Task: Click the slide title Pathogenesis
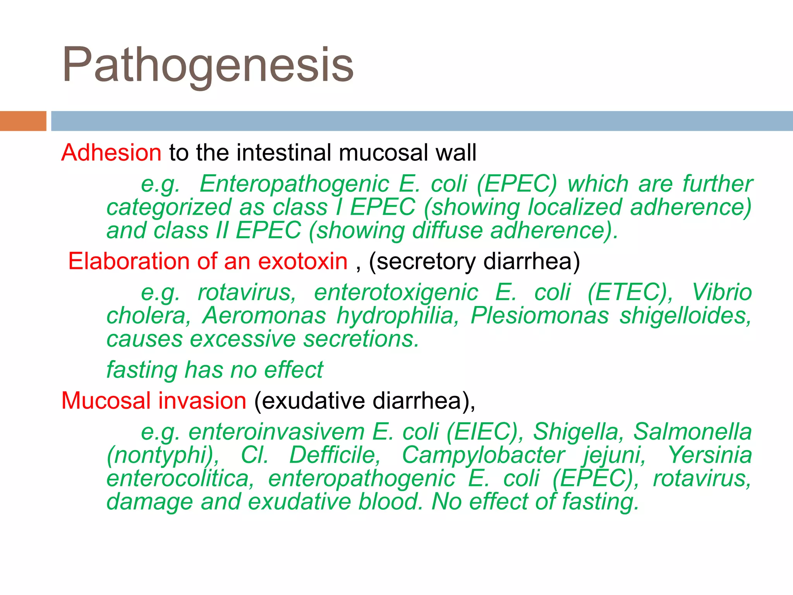208,65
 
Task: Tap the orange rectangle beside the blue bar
23,121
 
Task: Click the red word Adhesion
111,152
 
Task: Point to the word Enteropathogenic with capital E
294,184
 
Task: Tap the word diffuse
447,230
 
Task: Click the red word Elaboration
128,261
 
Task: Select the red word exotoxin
303,261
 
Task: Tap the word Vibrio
722,292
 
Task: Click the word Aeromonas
264,316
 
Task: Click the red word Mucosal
106,401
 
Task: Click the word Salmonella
692,432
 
